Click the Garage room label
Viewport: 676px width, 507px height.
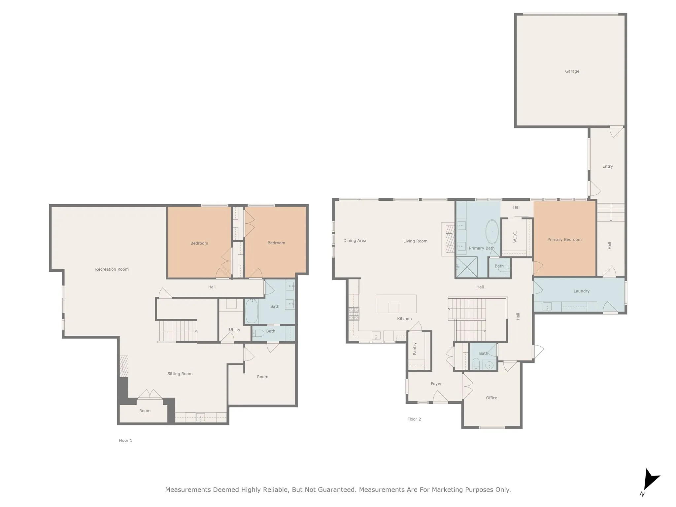point(572,71)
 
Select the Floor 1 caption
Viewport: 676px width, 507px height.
point(125,440)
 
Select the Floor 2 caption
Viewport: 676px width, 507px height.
point(414,419)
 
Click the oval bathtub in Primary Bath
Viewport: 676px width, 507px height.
point(492,232)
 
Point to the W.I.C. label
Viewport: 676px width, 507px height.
point(515,237)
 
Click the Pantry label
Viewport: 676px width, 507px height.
point(415,349)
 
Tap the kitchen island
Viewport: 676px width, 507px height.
point(396,304)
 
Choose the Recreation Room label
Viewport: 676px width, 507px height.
point(112,269)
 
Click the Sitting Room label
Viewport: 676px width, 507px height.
point(180,374)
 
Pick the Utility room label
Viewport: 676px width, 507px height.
point(235,329)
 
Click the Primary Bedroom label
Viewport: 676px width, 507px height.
point(564,240)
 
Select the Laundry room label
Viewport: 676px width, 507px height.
point(581,291)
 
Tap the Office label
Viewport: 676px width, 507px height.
point(491,398)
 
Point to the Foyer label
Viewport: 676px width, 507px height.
point(436,384)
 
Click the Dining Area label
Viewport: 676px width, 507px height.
point(355,241)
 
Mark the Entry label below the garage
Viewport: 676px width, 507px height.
point(607,166)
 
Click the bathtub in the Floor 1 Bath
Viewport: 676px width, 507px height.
point(252,311)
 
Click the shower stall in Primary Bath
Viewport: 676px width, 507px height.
point(467,267)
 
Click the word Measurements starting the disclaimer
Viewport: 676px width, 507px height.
point(188,490)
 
